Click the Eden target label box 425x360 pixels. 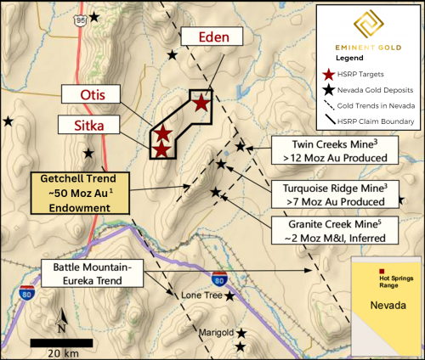click(212, 37)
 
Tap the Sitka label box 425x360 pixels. click(87, 126)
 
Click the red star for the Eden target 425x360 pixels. click(201, 104)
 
